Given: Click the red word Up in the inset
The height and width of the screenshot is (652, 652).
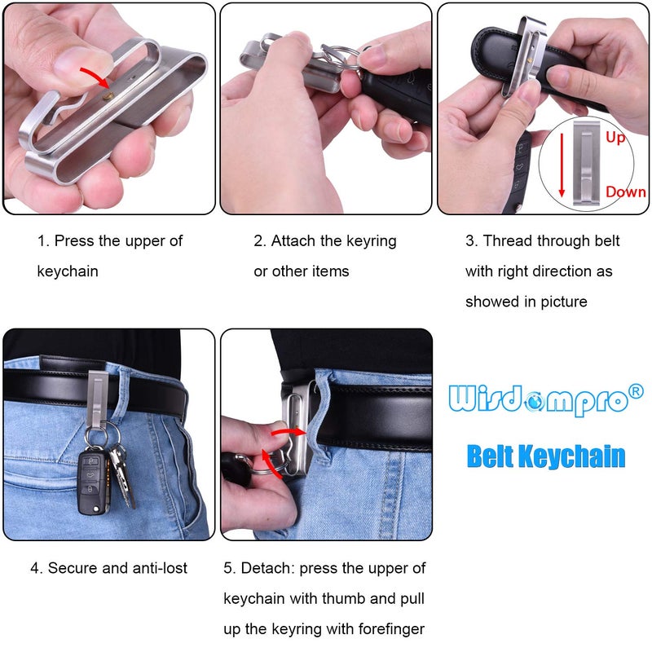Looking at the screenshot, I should click(615, 138).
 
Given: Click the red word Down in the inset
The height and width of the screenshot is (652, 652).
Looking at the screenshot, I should click(625, 192).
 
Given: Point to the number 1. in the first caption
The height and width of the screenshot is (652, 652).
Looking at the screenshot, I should click(43, 241).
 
